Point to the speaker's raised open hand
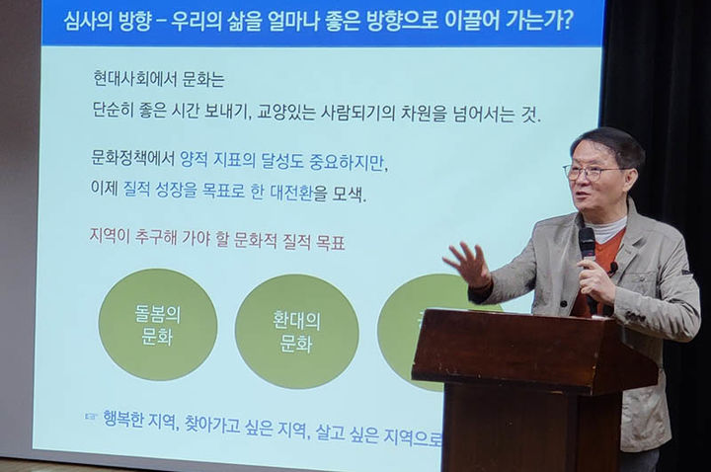467,264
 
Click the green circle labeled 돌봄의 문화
158,324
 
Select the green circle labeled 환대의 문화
296,331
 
